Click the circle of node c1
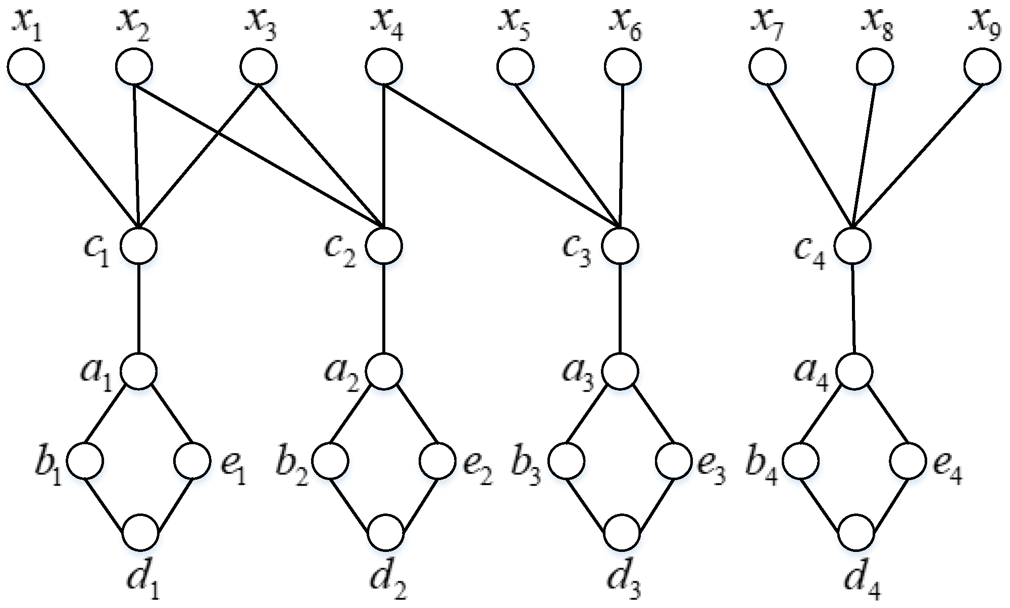(x=139, y=246)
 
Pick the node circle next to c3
(x=621, y=246)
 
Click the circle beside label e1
(x=192, y=461)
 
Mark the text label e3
(x=712, y=469)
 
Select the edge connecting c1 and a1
(x=139, y=308)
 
